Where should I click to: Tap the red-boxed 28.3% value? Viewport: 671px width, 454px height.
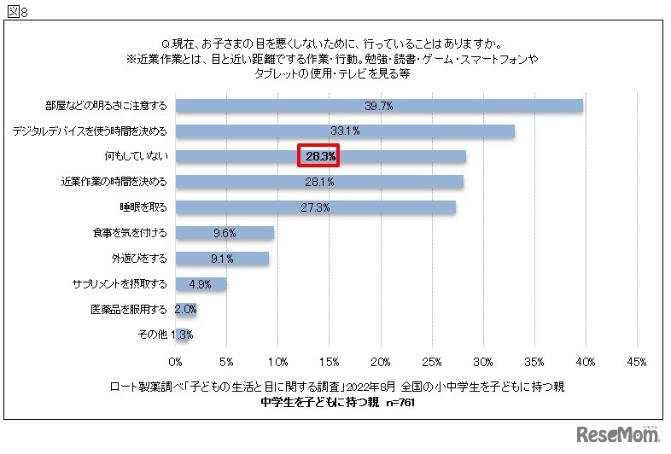[318, 156]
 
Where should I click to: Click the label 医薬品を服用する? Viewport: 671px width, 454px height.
[128, 309]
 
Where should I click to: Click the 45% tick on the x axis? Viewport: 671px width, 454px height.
[636, 362]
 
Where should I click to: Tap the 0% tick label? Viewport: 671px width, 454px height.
[175, 362]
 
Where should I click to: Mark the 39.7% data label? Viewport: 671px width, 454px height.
[378, 106]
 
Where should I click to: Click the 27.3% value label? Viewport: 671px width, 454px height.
[315, 207]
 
